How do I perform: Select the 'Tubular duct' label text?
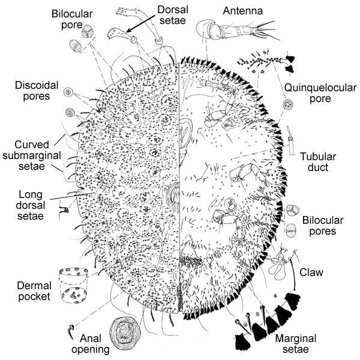(x=314, y=162)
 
